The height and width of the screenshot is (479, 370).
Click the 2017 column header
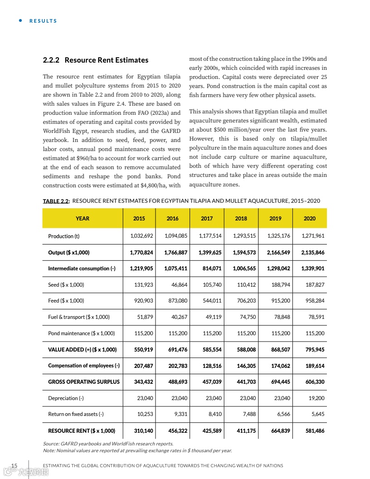pos(207,218)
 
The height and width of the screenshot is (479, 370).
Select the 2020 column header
pos(310,218)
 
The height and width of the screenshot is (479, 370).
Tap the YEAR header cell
pos(83,218)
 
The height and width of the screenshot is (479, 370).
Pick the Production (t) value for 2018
pos(244,236)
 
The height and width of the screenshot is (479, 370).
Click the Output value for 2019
pos(278,252)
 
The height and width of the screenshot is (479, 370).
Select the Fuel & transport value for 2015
pos(145,317)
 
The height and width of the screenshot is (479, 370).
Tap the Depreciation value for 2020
pos(316,398)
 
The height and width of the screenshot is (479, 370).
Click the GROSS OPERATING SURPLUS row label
pos(84,382)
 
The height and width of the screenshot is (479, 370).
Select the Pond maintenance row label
pos(82,333)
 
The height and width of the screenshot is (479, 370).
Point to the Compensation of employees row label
pos(84,366)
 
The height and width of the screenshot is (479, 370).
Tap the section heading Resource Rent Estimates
pos(95,60)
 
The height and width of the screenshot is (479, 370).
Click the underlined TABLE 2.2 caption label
pos(56,201)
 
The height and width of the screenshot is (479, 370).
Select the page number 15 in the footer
pos(14,466)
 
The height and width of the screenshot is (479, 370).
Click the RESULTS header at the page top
pos(43,21)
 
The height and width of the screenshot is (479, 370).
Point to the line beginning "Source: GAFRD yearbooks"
pos(108,443)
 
